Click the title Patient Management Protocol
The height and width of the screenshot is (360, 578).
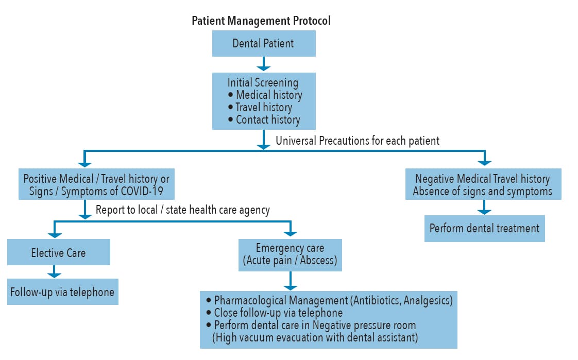pos(261,21)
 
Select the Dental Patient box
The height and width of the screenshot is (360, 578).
pos(264,43)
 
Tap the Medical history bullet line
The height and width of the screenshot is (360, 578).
pos(265,95)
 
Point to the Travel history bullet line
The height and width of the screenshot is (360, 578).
pos(260,107)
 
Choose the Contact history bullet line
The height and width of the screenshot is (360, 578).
pos(264,120)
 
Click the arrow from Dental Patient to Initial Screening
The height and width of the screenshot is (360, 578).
pos(264,63)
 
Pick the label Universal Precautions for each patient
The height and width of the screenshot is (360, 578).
pos(358,141)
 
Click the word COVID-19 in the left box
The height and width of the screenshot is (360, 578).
pos(142,191)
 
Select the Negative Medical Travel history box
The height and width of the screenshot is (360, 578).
pos(483,184)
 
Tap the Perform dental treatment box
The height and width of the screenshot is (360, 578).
pos(484,229)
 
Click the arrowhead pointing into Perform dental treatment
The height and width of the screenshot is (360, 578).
pos(484,212)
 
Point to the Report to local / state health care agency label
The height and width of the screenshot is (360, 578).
pos(183,210)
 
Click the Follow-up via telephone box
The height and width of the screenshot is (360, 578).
pos(63,292)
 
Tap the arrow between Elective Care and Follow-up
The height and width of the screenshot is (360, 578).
pos(54,271)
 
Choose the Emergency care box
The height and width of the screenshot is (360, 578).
pos(290,255)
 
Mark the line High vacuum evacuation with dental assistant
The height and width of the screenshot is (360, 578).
pos(315,337)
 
